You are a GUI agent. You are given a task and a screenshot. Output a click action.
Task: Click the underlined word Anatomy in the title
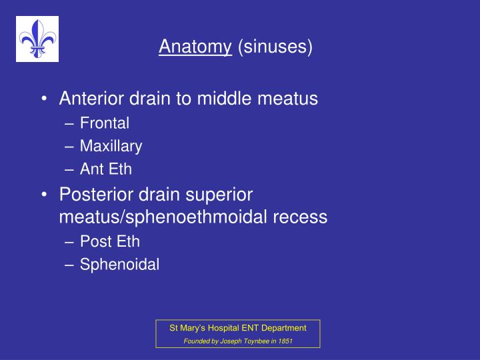pyautogui.click(x=195, y=47)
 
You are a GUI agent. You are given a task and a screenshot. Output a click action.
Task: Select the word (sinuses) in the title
pyautogui.click(x=274, y=47)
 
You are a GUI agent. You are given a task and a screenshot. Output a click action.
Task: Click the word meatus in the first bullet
pyautogui.click(x=288, y=99)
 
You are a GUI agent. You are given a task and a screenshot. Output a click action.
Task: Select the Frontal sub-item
pyautogui.click(x=104, y=123)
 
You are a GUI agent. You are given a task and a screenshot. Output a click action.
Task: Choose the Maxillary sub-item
pyautogui.click(x=111, y=146)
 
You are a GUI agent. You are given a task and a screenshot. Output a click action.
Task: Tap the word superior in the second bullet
pyautogui.click(x=220, y=194)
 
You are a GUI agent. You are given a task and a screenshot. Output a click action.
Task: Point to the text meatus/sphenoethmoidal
pyautogui.click(x=166, y=217)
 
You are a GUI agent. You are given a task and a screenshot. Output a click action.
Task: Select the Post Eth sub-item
pyautogui.click(x=109, y=241)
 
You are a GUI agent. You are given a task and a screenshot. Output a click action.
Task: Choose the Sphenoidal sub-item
pyautogui.click(x=119, y=265)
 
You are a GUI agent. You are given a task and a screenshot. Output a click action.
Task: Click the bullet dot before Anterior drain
pyautogui.click(x=44, y=99)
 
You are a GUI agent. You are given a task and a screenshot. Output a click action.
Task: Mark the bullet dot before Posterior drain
pyautogui.click(x=44, y=195)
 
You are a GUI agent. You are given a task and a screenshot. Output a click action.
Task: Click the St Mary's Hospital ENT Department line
pyautogui.click(x=238, y=327)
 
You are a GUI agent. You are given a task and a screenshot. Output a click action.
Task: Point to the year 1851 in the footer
pyautogui.click(x=285, y=341)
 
